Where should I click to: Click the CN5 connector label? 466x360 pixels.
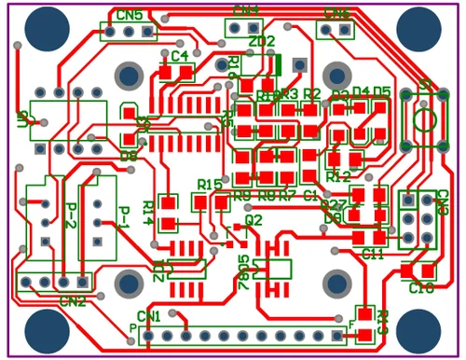point(130,16)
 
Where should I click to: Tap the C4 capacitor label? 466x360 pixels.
point(180,56)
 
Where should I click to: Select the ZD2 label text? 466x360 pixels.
point(262,42)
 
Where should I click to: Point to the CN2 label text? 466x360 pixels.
point(72,301)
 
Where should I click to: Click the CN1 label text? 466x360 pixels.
point(149,316)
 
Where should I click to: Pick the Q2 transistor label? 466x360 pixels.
point(254,220)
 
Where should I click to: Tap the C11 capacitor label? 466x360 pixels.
point(373,254)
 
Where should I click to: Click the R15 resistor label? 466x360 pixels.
point(211,184)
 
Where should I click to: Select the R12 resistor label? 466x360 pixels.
point(339,176)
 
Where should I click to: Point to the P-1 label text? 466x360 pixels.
point(122,216)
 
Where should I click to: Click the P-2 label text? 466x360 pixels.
point(70,216)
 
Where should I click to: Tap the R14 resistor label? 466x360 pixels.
point(147,213)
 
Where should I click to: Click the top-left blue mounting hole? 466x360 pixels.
point(46,29)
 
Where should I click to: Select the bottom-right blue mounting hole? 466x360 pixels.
point(418,329)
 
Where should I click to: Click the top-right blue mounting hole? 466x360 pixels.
point(418,29)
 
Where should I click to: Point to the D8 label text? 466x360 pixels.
point(128,156)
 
